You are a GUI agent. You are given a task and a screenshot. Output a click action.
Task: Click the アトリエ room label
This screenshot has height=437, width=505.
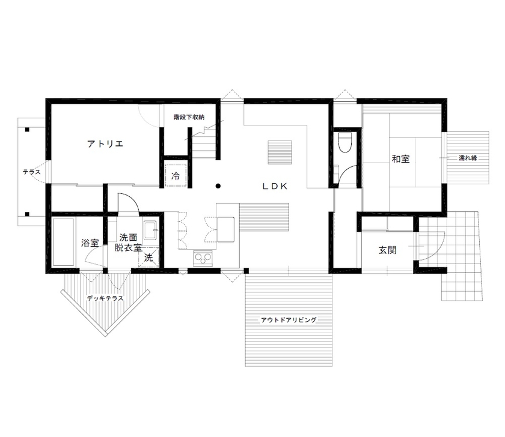click(x=105, y=143)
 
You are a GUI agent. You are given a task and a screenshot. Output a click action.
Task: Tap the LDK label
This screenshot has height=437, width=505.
click(x=275, y=186)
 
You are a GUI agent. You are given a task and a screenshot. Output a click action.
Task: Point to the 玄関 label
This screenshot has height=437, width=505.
click(x=388, y=250)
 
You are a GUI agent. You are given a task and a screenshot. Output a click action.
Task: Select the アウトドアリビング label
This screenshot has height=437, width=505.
click(x=289, y=320)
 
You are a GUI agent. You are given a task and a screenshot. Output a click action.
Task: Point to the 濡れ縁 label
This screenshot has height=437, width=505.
click(x=467, y=158)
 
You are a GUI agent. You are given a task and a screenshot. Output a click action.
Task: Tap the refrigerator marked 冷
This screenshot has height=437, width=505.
click(x=176, y=176)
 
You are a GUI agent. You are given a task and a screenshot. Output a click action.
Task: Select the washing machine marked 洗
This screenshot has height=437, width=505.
click(x=148, y=259)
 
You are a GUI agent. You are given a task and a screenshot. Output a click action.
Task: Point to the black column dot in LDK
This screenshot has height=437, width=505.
click(x=219, y=185)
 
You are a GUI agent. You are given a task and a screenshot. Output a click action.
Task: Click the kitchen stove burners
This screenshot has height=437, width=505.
click(x=202, y=259)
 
